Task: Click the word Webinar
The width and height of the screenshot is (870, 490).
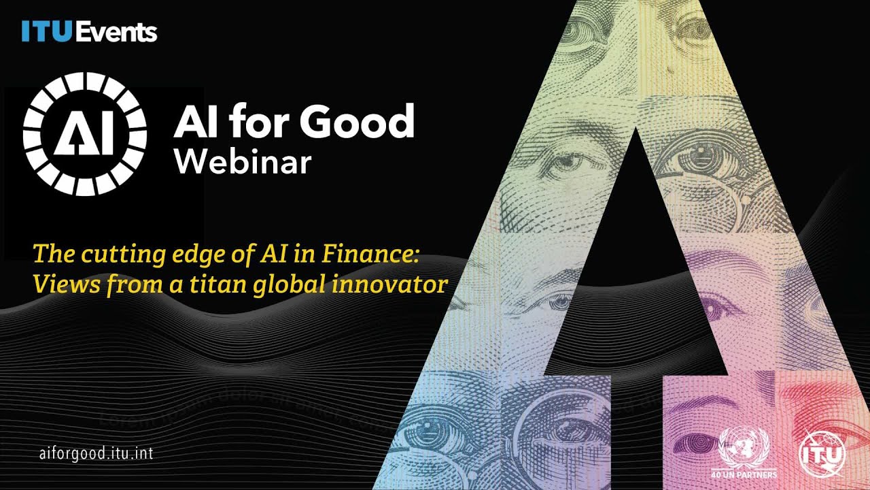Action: [x=243, y=162]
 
